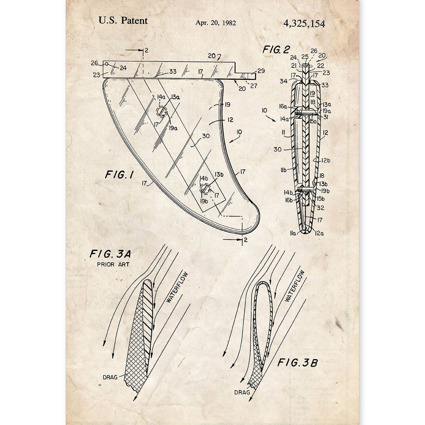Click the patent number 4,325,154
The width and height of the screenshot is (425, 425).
[304, 24]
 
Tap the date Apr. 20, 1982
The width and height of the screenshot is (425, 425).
[216, 23]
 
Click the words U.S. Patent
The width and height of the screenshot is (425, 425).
[123, 21]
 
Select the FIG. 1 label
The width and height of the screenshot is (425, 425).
[119, 175]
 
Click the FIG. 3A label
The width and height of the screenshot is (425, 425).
[110, 254]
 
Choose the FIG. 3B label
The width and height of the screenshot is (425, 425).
[297, 363]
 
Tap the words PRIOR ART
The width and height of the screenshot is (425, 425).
[113, 264]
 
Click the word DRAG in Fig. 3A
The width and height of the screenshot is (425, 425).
[110, 377]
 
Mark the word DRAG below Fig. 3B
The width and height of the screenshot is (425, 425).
[242, 392]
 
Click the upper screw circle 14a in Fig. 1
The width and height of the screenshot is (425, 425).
[161, 111]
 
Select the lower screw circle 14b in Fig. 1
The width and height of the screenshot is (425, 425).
[205, 189]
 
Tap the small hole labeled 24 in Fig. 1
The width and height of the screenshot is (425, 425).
[106, 64]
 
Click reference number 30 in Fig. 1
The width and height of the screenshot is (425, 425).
[206, 136]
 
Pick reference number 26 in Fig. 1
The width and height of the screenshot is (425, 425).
[94, 63]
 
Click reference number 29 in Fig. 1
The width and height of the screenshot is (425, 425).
[261, 71]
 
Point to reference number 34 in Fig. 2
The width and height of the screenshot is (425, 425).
[283, 81]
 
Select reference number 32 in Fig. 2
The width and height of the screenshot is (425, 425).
[320, 208]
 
